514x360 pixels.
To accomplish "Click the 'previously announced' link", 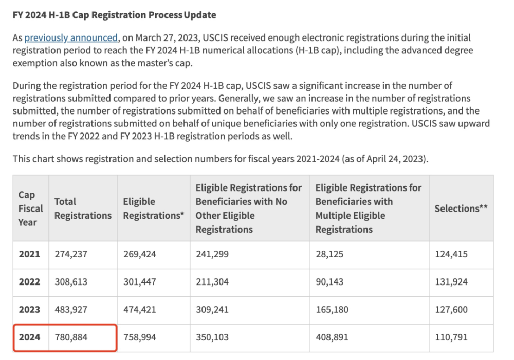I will [x=71, y=37].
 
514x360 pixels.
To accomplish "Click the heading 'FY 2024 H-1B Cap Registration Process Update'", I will [x=114, y=15].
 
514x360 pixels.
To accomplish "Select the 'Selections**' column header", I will [x=461, y=208].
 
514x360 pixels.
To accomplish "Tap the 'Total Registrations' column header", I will [x=83, y=209].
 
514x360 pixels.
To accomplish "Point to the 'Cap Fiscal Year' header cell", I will [x=30, y=209].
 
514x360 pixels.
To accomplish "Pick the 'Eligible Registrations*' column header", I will [x=153, y=209].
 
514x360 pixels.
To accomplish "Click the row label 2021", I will [x=29, y=254].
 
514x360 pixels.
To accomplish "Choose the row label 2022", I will [x=29, y=282].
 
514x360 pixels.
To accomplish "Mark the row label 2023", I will [x=29, y=310].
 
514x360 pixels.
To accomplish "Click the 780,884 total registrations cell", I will [x=71, y=337].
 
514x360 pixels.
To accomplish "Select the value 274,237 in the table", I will [x=71, y=254].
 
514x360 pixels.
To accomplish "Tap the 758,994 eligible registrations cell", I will [x=140, y=337].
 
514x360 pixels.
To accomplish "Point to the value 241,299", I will [x=212, y=254].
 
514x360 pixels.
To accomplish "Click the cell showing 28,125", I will [x=329, y=254].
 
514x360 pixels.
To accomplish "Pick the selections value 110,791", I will [x=451, y=337].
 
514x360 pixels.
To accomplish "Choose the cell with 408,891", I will [x=332, y=337].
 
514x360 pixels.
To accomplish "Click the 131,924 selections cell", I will [x=451, y=282].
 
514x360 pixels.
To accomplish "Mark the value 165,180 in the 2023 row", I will [x=332, y=310].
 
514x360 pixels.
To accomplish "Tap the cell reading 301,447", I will [x=140, y=282].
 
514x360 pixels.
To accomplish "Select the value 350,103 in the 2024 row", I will [x=212, y=337].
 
